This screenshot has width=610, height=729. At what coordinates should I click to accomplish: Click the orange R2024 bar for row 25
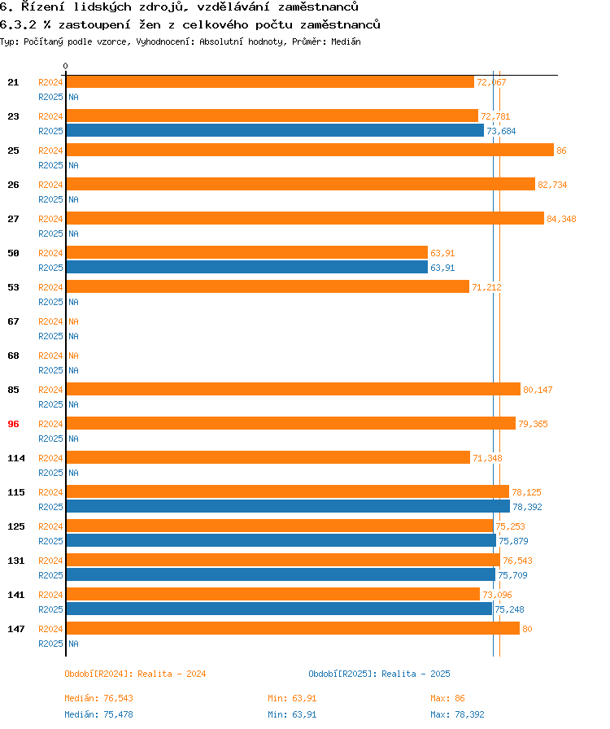pyautogui.click(x=309, y=150)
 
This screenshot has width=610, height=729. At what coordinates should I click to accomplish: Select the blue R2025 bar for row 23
pyautogui.click(x=275, y=130)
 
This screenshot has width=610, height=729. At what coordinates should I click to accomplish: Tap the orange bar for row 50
pyautogui.click(x=246, y=252)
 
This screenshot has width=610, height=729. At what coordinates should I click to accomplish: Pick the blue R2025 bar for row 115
pyautogui.click(x=288, y=506)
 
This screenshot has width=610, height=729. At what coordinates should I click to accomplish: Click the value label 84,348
pyautogui.click(x=561, y=219)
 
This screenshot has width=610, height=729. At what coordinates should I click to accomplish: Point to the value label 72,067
pyautogui.click(x=491, y=82)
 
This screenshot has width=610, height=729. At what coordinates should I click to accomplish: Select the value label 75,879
pyautogui.click(x=514, y=541)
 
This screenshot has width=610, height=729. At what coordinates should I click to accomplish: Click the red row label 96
pyautogui.click(x=13, y=424)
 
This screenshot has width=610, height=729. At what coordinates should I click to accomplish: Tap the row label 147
pyautogui.click(x=16, y=629)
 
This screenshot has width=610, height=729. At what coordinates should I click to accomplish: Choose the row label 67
pyautogui.click(x=13, y=321)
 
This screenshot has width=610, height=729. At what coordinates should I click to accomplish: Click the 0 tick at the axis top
pyautogui.click(x=66, y=67)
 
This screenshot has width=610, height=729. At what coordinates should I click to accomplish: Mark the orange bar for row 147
pyautogui.click(x=293, y=628)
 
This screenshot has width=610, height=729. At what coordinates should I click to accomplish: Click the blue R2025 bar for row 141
pyautogui.click(x=279, y=609)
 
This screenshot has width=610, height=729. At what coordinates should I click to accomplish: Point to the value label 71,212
pyautogui.click(x=486, y=287)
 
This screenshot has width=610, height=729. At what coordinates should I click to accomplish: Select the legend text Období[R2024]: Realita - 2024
pyautogui.click(x=135, y=674)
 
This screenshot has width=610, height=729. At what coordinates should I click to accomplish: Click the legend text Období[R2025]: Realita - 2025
pyautogui.click(x=379, y=674)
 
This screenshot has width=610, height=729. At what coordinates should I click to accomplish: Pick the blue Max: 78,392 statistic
pyautogui.click(x=457, y=714)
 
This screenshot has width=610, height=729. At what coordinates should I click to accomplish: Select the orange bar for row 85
pyautogui.click(x=293, y=389)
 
